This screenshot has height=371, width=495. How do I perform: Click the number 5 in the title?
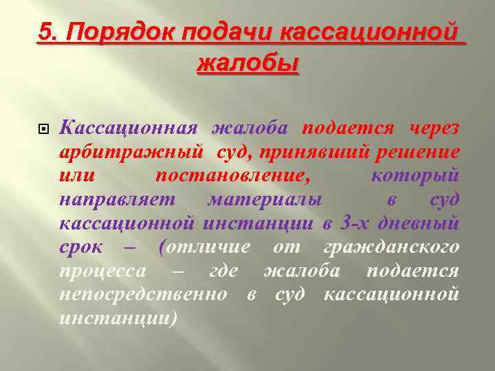[x=45, y=32]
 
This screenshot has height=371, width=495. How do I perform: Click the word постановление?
[x=232, y=175]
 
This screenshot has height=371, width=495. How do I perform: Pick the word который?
[x=415, y=175]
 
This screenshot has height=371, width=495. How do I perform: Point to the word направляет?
[x=118, y=199]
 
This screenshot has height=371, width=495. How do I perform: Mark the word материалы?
[x=266, y=199]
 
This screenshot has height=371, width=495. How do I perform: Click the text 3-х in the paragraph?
[x=353, y=223]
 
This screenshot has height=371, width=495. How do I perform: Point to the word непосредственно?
[x=143, y=295]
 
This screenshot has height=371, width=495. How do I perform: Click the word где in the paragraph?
[x=223, y=271]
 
